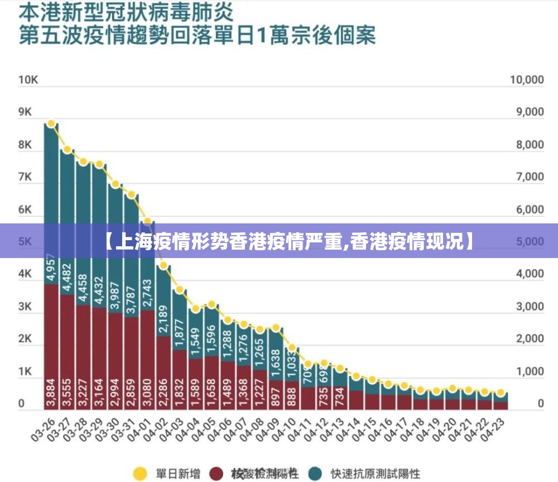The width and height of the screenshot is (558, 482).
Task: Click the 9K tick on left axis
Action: pyautogui.click(x=25, y=112)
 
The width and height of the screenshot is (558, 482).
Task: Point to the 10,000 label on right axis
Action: pyautogui.click(x=526, y=80)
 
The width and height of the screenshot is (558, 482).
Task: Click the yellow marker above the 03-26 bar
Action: pyautogui.click(x=51, y=123)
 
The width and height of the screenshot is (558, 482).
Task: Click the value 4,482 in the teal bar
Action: pyautogui.click(x=68, y=277)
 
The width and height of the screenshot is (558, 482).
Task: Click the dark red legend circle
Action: pyautogui.click(x=217, y=474)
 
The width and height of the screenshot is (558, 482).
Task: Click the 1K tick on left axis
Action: pyautogui.click(x=25, y=371)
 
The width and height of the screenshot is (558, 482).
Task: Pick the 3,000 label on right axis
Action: pyautogui.click(x=528, y=307)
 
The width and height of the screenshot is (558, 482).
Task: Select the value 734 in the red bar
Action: pyautogui.click(x=339, y=395)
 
